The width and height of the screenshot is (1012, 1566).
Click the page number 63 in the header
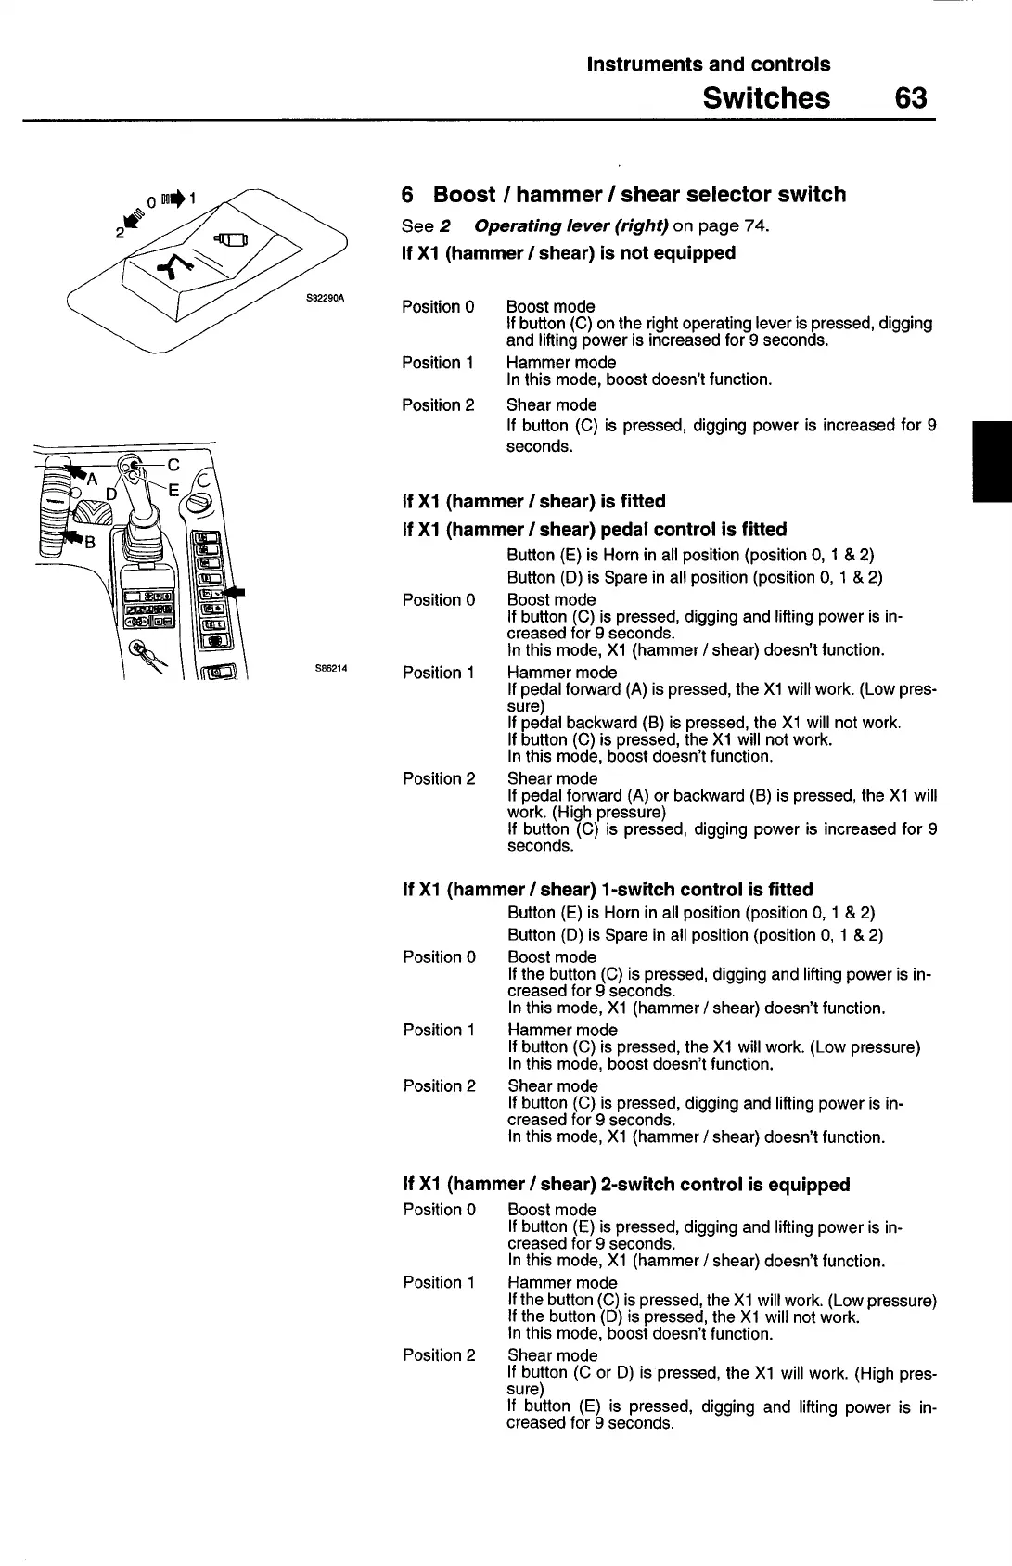[911, 97]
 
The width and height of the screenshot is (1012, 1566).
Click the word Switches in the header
[766, 97]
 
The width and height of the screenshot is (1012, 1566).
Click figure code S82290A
[325, 298]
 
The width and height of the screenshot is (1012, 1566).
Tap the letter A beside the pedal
[92, 479]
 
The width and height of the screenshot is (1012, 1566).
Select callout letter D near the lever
[111, 494]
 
